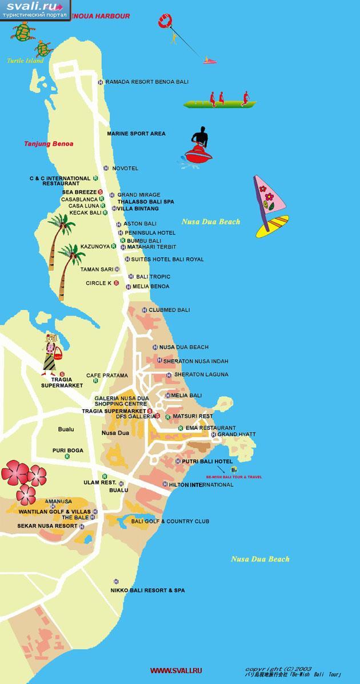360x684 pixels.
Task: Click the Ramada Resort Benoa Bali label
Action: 147,82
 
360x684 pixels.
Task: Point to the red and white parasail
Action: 166,22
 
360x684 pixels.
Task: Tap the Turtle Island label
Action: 25,60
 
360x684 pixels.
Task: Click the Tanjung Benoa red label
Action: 49,143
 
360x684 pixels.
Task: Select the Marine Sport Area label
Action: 136,134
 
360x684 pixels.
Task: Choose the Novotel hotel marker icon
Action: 106,168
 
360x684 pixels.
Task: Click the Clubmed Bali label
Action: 169,310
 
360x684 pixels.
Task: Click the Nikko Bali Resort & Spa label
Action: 147,590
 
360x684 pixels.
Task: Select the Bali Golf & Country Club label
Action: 170,521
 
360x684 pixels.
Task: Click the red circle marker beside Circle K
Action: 116,283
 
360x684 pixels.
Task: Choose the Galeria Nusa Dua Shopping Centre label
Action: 121,401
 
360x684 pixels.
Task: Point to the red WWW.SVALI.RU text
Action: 176,670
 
